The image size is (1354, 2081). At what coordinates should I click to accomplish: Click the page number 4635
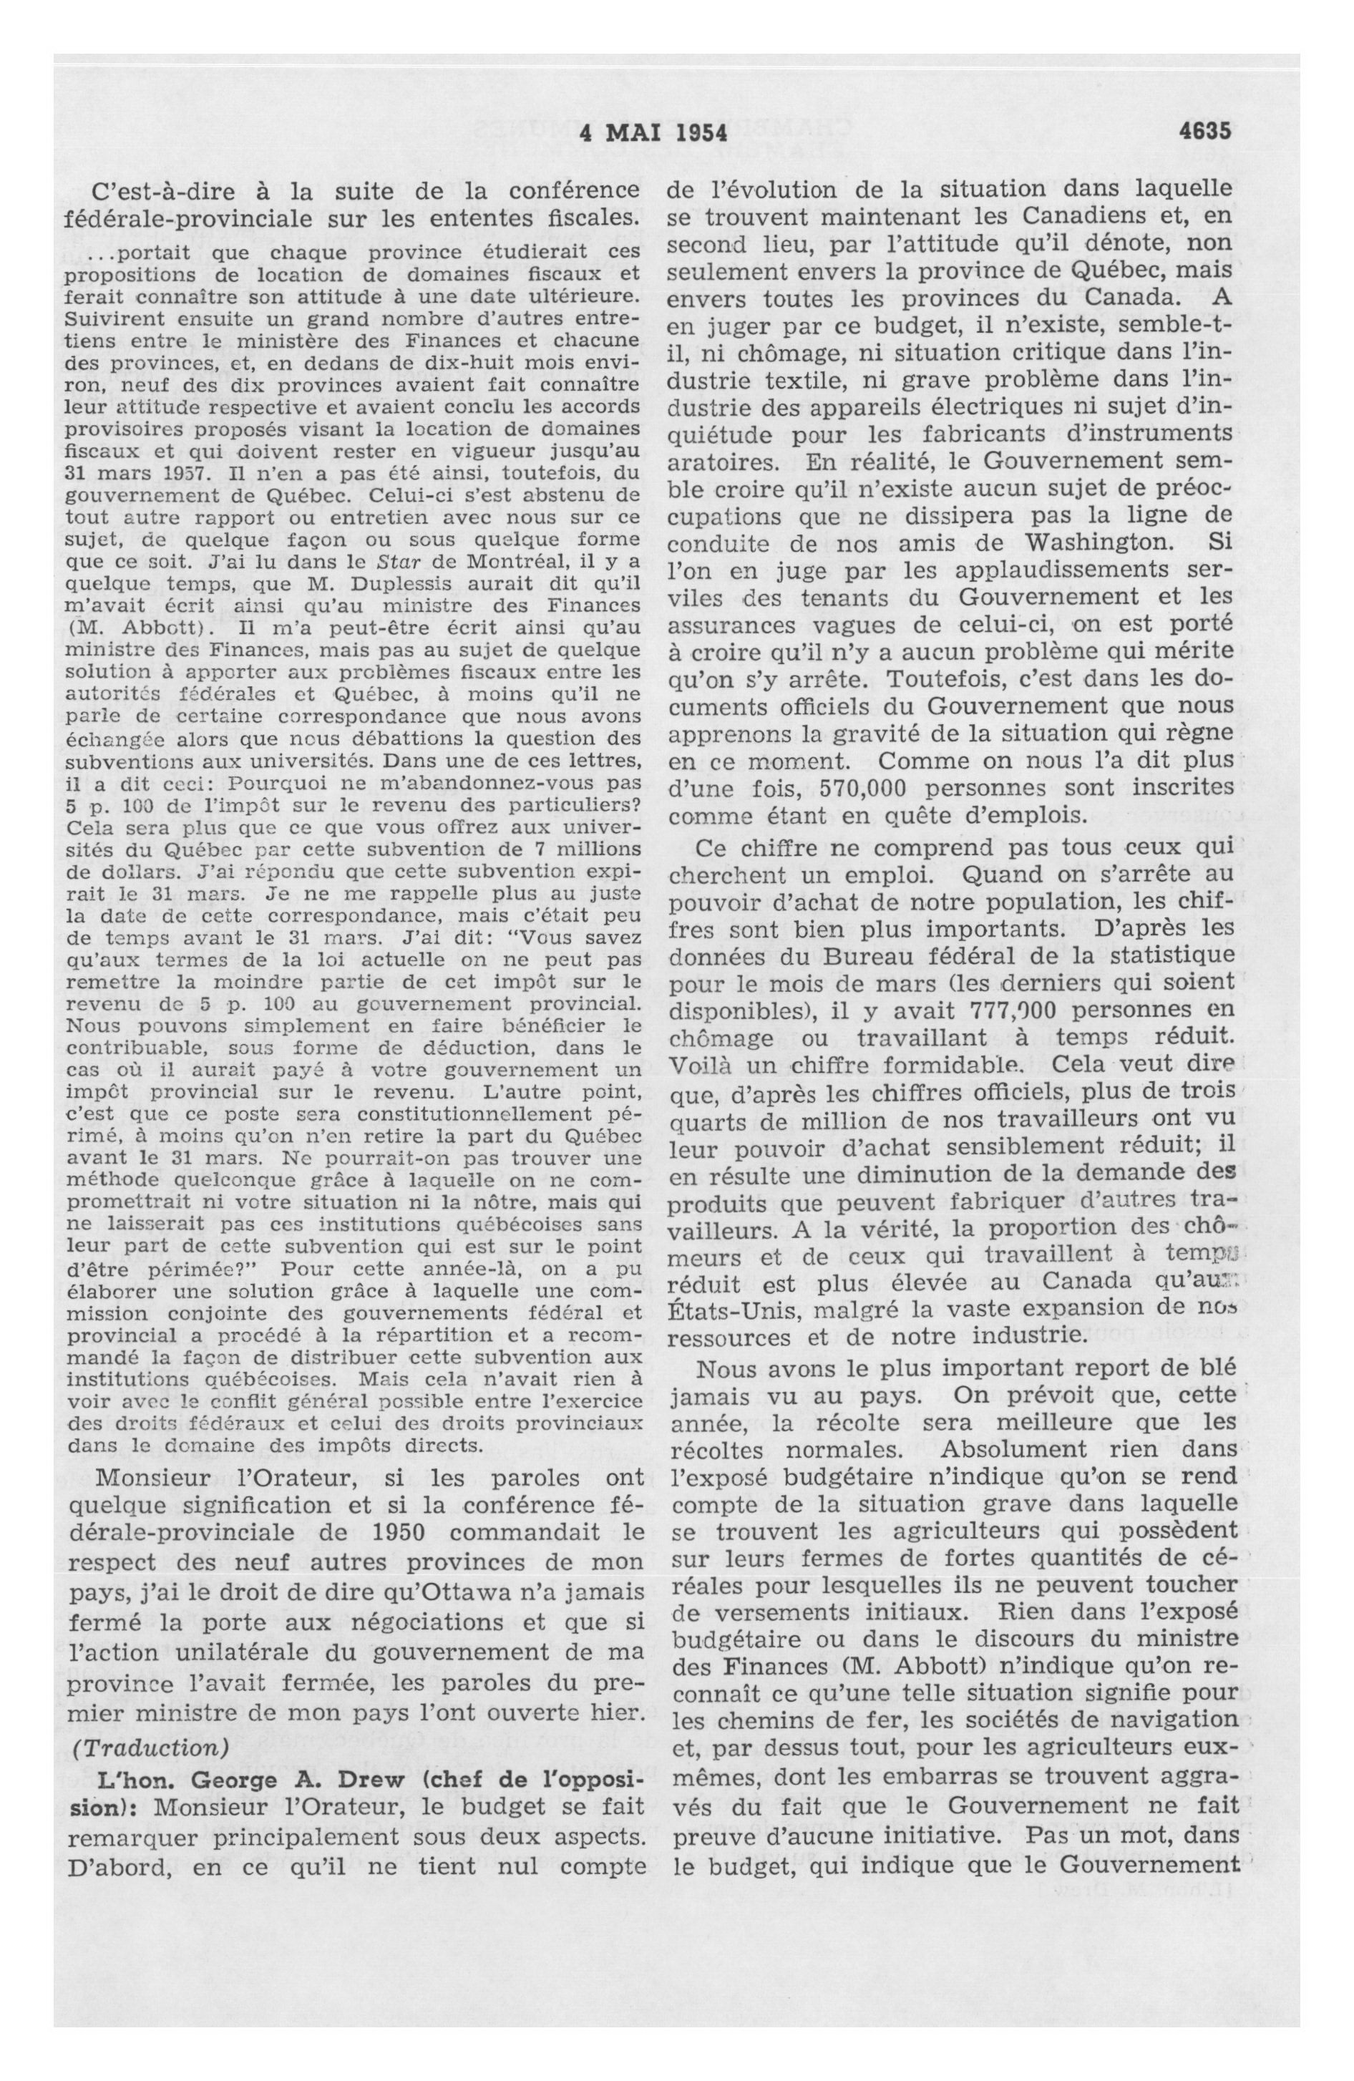(1204, 131)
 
